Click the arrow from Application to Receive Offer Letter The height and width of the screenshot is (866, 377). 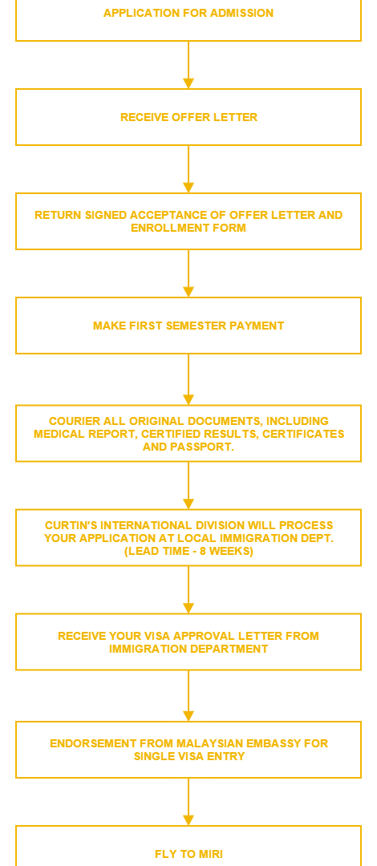(x=188, y=65)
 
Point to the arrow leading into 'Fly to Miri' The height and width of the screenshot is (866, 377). (x=188, y=801)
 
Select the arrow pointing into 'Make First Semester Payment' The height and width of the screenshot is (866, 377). (x=188, y=273)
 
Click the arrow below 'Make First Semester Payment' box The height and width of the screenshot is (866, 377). (x=188, y=379)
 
